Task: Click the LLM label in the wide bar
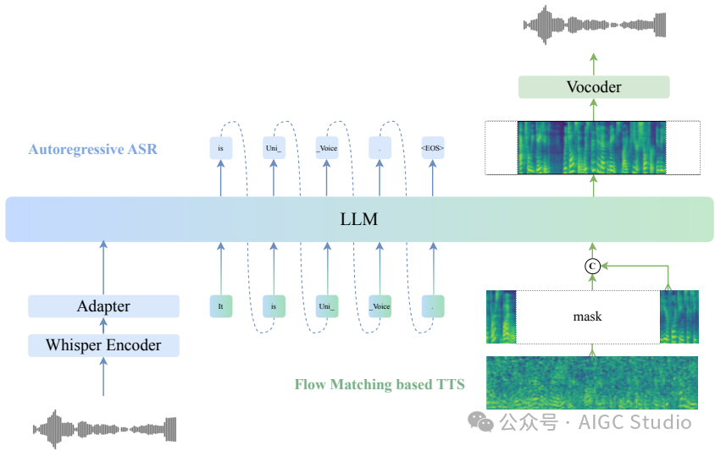(x=358, y=219)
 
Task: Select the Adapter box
(x=103, y=305)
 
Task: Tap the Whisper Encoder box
(x=103, y=344)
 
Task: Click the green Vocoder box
(x=593, y=87)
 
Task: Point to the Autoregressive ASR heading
(x=92, y=150)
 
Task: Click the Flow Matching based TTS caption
(x=380, y=384)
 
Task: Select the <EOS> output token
(x=432, y=149)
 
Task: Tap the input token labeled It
(x=220, y=306)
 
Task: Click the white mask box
(x=587, y=316)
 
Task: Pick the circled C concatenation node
(x=593, y=267)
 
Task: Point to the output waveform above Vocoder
(x=592, y=23)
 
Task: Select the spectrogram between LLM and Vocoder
(x=591, y=148)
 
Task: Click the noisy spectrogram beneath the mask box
(x=592, y=382)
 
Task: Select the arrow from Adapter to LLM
(x=103, y=267)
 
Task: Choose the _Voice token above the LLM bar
(x=326, y=149)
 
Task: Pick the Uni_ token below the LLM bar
(x=326, y=306)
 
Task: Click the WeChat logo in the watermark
(x=482, y=421)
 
